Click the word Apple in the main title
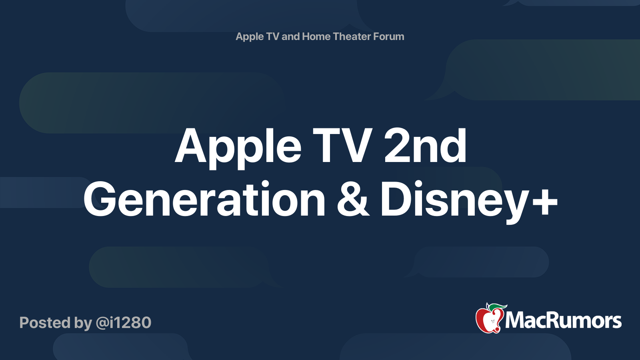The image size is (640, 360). coord(238,148)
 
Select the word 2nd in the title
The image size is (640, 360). coord(425,146)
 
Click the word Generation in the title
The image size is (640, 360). coord(204,199)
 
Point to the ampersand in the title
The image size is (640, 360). coord(353,199)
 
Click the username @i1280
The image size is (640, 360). coord(124,322)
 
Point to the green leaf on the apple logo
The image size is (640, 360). coord(498,308)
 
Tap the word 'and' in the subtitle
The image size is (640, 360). coord(290,36)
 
